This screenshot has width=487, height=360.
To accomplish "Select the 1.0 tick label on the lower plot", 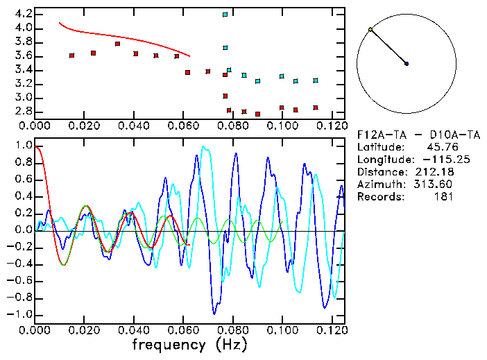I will point(24,146).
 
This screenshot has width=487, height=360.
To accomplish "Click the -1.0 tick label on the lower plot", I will point(20,314).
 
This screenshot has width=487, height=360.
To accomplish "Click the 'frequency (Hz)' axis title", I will point(190,344).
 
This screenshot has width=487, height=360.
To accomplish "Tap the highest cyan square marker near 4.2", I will point(225,15).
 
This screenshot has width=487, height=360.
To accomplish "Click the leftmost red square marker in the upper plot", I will point(72,55).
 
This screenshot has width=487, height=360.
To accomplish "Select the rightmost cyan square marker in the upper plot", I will point(316,80).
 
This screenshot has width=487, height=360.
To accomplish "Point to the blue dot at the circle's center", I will point(407,64).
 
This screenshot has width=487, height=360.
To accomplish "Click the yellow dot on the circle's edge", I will point(370,30).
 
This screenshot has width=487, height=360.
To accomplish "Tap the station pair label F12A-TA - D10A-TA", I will point(407,135).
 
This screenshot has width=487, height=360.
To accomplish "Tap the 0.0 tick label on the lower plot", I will point(24,230).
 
